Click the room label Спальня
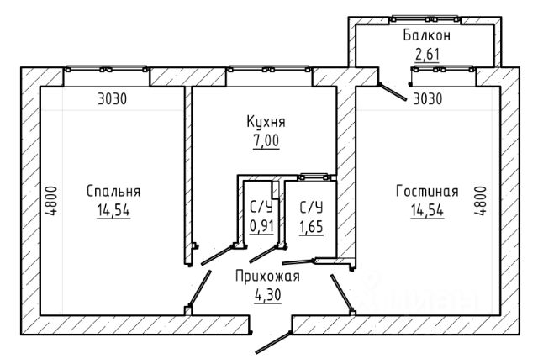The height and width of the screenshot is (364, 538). (113, 192)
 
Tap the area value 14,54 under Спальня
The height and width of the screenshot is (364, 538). (113, 210)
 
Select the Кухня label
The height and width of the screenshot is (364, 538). (266, 122)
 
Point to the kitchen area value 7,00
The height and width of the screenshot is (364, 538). (266, 140)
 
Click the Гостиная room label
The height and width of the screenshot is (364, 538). (427, 191)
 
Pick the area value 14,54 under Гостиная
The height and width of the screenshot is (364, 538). (427, 210)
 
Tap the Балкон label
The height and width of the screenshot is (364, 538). (427, 35)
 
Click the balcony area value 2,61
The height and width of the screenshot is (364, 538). (427, 54)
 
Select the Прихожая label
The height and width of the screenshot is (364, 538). (267, 277)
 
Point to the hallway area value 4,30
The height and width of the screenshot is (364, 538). (268, 295)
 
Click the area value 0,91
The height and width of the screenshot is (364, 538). (261, 226)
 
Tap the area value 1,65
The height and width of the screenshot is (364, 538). (311, 226)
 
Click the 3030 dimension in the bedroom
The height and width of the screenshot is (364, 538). (112, 99)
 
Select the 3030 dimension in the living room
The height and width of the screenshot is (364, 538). (428, 99)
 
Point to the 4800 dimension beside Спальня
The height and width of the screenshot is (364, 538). (51, 201)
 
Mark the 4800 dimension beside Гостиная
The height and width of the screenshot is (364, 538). (480, 201)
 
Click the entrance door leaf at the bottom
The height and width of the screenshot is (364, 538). (273, 342)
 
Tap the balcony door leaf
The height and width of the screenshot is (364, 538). (393, 92)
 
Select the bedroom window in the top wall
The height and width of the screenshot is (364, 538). (107, 69)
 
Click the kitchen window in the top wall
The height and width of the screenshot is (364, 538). (269, 69)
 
